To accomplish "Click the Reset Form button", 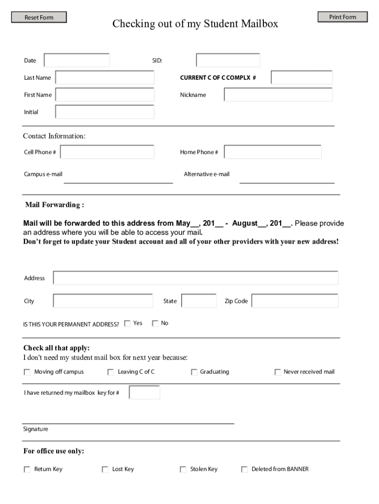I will pyautogui.click(x=39, y=18).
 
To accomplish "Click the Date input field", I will pyautogui.click(x=77, y=61).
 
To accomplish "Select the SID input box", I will pyautogui.click(x=228, y=61).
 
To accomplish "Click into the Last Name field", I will pyautogui.click(x=105, y=78).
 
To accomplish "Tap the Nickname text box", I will pyautogui.click(x=278, y=95).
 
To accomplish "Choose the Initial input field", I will pyautogui.click(x=105, y=112).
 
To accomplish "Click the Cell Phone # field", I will pyautogui.click(x=107, y=152).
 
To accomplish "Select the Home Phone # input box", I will pyautogui.click(x=273, y=152).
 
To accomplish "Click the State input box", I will pyautogui.click(x=199, y=301).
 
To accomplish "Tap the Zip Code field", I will pyautogui.click(x=295, y=301).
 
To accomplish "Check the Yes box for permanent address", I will pyautogui.click(x=127, y=323).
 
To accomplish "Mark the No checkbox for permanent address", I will pyautogui.click(x=155, y=323).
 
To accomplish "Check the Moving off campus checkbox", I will pyautogui.click(x=27, y=372).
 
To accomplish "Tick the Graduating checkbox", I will pyautogui.click(x=194, y=372).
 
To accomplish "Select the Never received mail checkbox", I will pyautogui.click(x=278, y=372).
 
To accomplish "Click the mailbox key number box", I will pyautogui.click(x=144, y=393).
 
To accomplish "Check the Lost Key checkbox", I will pyautogui.click(x=105, y=470).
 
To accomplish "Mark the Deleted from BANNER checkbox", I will pyautogui.click(x=244, y=470).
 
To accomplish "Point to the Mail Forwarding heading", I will pyautogui.click(x=54, y=205).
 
